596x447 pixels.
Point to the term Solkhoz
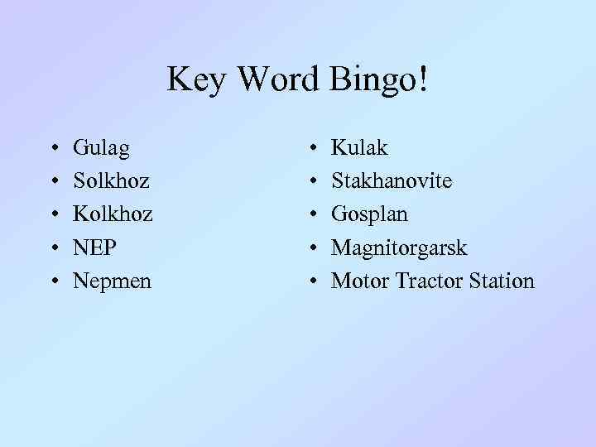pyautogui.click(x=112, y=180)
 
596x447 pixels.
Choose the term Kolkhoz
pyautogui.click(x=113, y=214)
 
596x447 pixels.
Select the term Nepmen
pyautogui.click(x=112, y=281)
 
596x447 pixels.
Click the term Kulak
pyautogui.click(x=358, y=148)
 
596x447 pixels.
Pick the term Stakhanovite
pyautogui.click(x=392, y=180)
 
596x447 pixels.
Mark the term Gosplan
pyautogui.click(x=369, y=214)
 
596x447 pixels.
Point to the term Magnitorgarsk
pyautogui.click(x=399, y=248)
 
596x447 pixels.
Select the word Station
pyautogui.click(x=502, y=281)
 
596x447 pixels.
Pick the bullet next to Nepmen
pyautogui.click(x=54, y=281)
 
